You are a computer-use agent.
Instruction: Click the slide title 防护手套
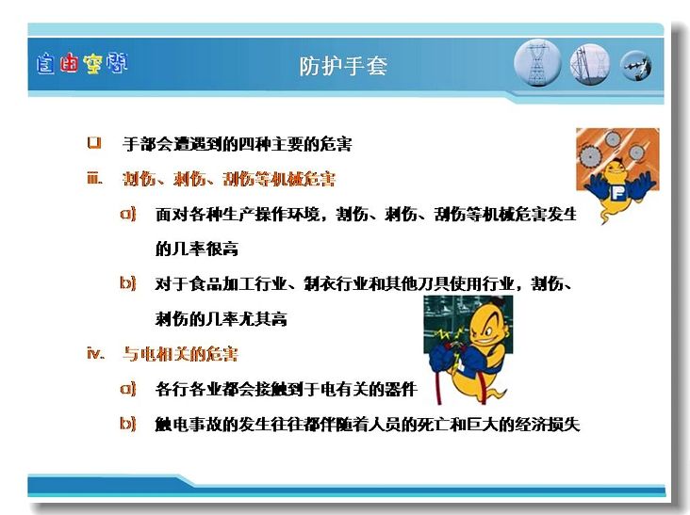[x=343, y=66]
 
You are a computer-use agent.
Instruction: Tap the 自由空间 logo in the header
[x=82, y=64]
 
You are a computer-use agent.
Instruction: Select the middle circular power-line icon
[x=590, y=65]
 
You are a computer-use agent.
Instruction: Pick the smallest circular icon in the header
[x=636, y=66]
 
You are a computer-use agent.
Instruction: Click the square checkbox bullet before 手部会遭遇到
[x=94, y=143]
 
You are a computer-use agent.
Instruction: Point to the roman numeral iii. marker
[x=94, y=178]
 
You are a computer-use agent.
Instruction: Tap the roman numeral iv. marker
[x=96, y=353]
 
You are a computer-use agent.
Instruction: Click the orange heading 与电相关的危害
[x=180, y=354]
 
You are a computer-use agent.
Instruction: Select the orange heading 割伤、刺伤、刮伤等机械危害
[x=229, y=179]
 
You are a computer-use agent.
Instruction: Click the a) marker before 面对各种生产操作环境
[x=128, y=214]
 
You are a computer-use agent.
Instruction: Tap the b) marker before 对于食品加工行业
[x=128, y=283]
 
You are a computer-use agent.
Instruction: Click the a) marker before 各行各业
[x=128, y=389]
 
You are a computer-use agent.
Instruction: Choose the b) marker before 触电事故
[x=128, y=424]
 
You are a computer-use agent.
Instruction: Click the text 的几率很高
[x=197, y=249]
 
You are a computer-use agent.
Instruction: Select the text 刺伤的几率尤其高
[x=221, y=318]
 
